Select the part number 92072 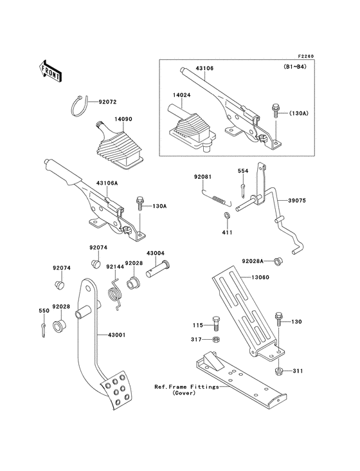109,101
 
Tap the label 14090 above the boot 123,119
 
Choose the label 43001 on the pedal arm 107,335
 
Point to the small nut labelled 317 217,338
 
